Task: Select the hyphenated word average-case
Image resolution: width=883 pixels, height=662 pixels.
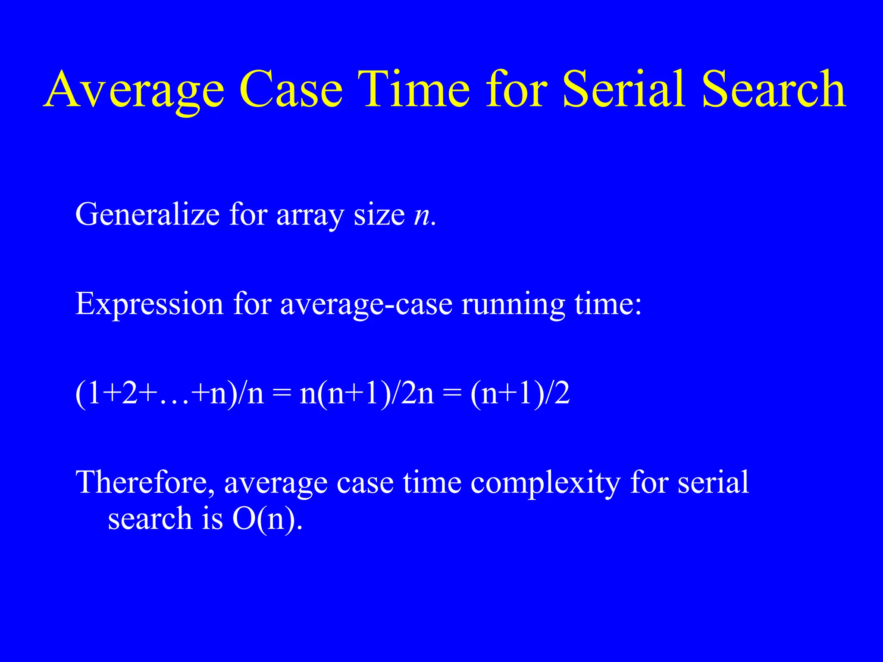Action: pos(366,304)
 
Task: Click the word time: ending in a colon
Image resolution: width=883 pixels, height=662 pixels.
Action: pos(608,303)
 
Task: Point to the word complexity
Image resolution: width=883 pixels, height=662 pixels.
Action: pos(545,483)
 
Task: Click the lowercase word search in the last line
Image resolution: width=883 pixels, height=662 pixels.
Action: pos(150,518)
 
